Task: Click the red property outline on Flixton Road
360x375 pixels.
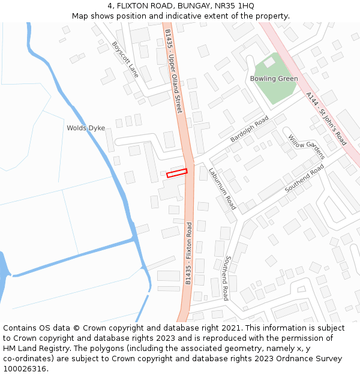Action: point(177,173)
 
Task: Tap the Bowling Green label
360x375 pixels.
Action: point(274,79)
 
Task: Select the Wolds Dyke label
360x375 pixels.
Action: point(86,128)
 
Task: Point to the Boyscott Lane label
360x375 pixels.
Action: point(125,59)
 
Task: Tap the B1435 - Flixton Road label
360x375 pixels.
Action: point(188,253)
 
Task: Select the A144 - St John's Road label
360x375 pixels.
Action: point(326,119)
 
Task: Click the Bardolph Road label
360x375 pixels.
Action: point(250,130)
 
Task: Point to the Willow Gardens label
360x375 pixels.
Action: point(306,147)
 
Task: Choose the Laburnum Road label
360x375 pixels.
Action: point(223,188)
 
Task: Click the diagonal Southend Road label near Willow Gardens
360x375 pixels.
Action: point(304,178)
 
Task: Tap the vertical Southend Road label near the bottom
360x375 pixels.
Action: point(226,278)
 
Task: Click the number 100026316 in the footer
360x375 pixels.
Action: point(25,368)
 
